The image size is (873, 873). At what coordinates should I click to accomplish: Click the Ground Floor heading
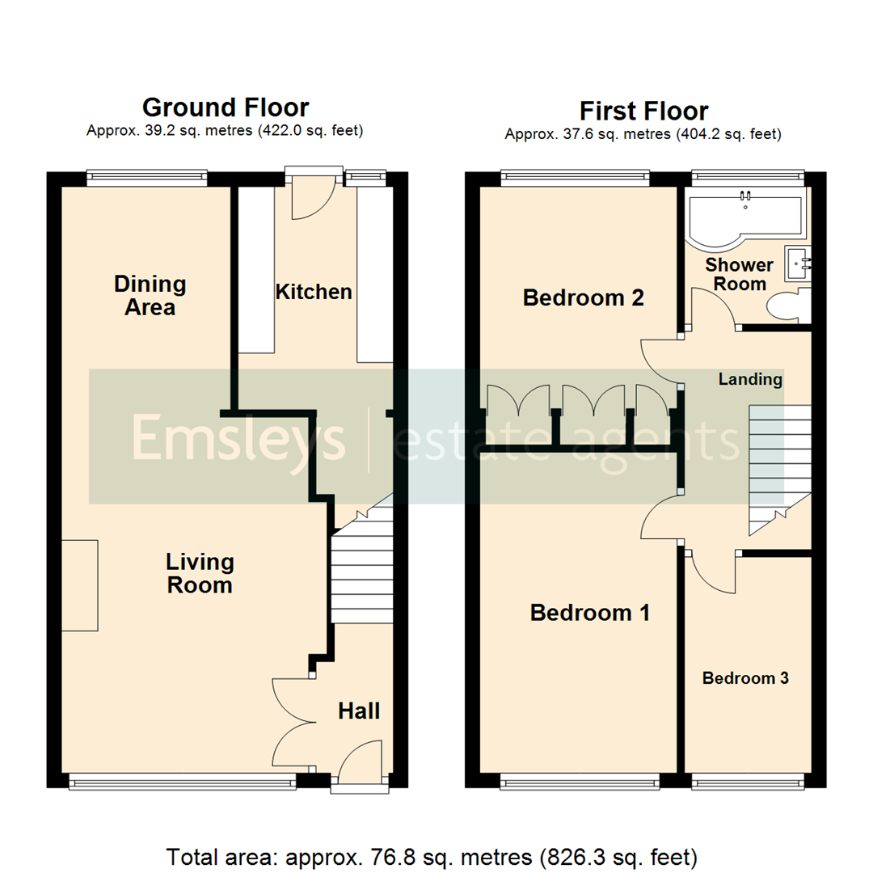pos(226,108)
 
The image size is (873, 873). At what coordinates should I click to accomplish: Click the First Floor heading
pos(643,111)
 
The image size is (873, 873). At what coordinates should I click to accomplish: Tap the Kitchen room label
pos(314,292)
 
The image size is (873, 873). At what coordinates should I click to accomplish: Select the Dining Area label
pos(150,295)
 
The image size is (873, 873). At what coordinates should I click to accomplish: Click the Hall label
pos(359,711)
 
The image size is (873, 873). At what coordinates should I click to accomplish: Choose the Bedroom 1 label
pos(589,613)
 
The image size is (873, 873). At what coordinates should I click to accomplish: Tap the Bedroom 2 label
pos(583,297)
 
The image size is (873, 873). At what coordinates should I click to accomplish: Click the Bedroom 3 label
pos(744,678)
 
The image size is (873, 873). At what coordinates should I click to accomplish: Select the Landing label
pos(751,379)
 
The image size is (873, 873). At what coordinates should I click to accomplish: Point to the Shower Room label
pos(740,274)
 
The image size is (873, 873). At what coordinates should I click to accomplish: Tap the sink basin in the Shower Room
pos(798,262)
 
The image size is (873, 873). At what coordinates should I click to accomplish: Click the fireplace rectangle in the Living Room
pos(80,585)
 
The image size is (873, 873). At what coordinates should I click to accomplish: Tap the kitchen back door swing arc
pos(310,198)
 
